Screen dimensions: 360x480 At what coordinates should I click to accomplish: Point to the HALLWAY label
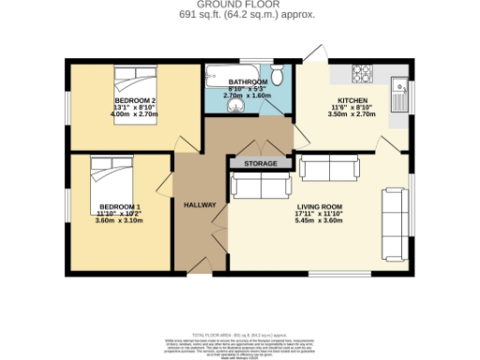pos(200,204)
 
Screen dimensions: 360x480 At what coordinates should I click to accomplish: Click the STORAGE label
pos(261,164)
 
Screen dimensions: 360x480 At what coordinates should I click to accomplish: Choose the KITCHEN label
pos(352,99)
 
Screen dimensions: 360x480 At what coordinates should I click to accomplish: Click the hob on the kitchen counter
pos(361,71)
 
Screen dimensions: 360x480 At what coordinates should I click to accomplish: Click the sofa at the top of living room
pos(328,169)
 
